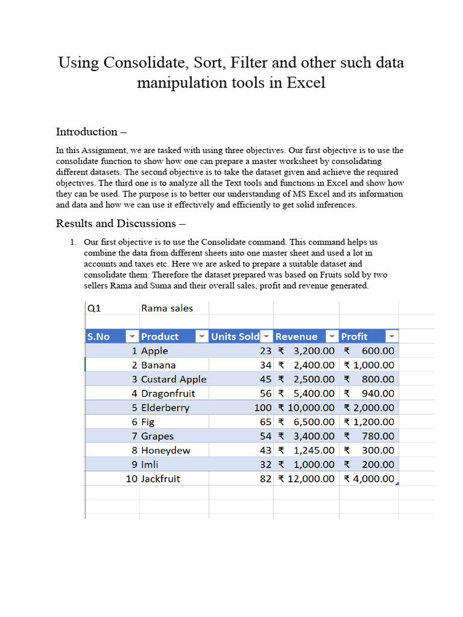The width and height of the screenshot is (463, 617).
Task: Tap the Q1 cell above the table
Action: point(94,308)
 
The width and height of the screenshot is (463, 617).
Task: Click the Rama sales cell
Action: point(167,308)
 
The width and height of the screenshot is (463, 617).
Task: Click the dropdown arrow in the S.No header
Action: point(131,336)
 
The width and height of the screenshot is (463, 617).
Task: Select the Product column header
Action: point(160,336)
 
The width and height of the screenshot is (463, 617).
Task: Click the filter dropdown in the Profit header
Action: point(392,336)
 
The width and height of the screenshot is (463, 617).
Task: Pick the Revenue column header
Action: point(296,336)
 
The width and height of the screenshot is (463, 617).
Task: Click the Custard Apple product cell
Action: point(174,379)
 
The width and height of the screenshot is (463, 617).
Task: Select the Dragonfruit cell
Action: point(168,393)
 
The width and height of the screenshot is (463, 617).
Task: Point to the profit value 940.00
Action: point(377,393)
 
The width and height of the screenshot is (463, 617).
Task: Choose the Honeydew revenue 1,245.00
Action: point(313,450)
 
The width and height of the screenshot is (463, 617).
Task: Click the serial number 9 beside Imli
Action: point(134,465)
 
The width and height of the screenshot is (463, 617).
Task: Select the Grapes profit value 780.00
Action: point(377,436)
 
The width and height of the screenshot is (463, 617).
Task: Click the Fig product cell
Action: point(148,422)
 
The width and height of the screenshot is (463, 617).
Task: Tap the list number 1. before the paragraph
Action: point(73,242)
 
